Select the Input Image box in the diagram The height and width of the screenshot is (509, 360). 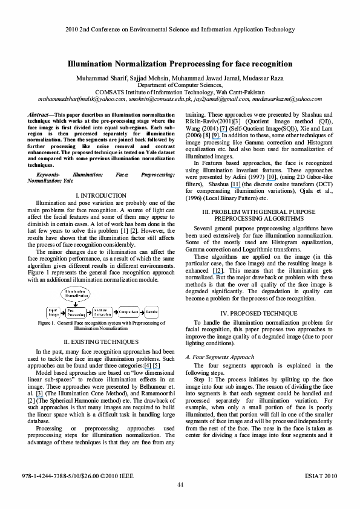tap(53, 312)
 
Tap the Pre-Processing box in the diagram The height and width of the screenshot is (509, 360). tap(76, 312)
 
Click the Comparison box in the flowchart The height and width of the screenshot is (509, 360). tap(128, 312)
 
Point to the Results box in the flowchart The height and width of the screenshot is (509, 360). tap(152, 312)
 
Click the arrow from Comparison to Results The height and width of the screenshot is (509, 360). tap(142, 312)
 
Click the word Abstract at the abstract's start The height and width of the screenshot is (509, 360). tap(41, 114)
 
